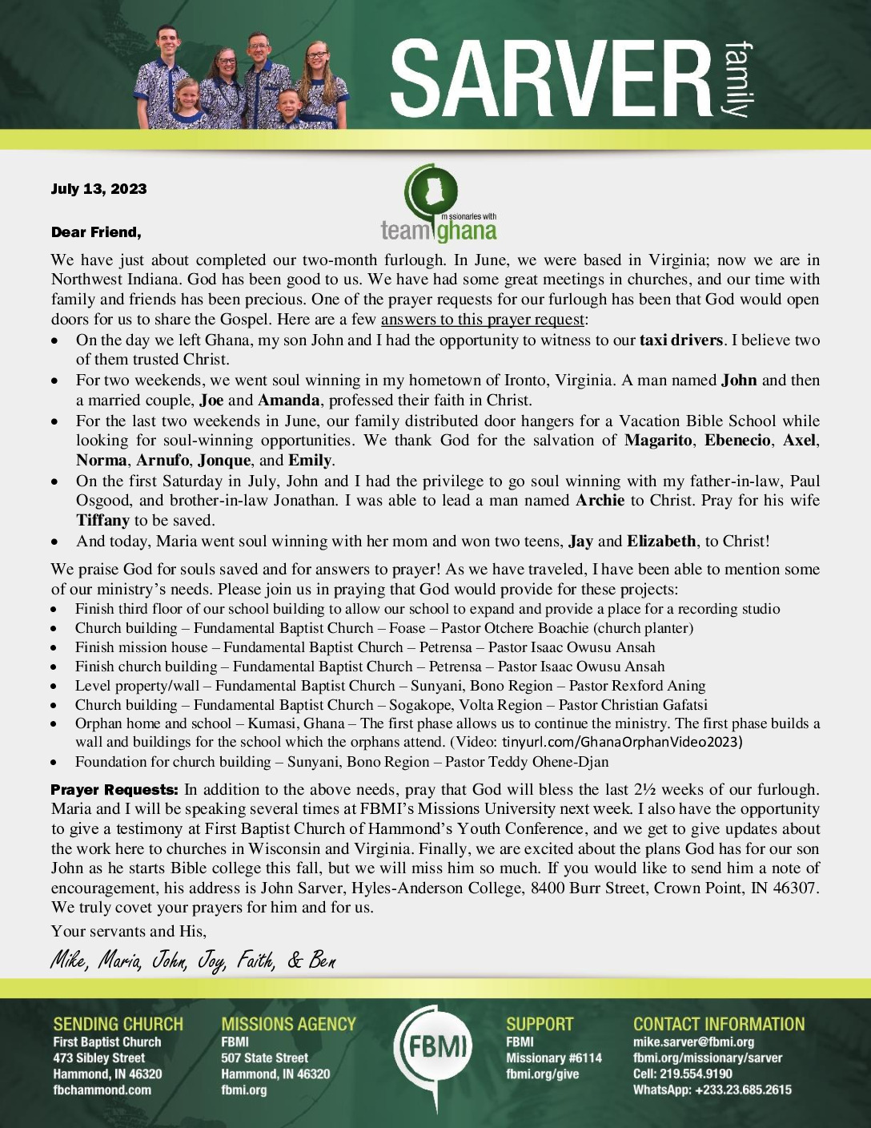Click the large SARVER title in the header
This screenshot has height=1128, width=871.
tap(551, 80)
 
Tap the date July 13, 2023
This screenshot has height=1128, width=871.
tap(98, 189)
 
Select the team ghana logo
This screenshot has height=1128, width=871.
tap(439, 205)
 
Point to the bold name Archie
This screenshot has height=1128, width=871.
tap(600, 501)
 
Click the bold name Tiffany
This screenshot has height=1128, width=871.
tap(102, 521)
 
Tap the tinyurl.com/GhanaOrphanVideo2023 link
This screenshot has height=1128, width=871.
tap(622, 742)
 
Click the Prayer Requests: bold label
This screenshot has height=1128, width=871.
tap(115, 790)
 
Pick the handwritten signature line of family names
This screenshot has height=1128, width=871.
tap(193, 960)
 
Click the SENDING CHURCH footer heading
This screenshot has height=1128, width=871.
tap(118, 1024)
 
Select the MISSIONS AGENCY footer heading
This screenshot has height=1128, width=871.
tap(288, 1024)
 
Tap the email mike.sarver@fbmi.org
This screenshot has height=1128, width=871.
tap(693, 1042)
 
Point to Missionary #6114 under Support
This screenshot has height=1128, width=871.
tap(553, 1058)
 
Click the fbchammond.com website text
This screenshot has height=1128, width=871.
tap(102, 1090)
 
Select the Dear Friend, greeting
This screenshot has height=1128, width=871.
tap(96, 232)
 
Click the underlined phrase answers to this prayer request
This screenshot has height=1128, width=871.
tap(483, 320)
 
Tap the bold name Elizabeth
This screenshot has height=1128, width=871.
tap(661, 542)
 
